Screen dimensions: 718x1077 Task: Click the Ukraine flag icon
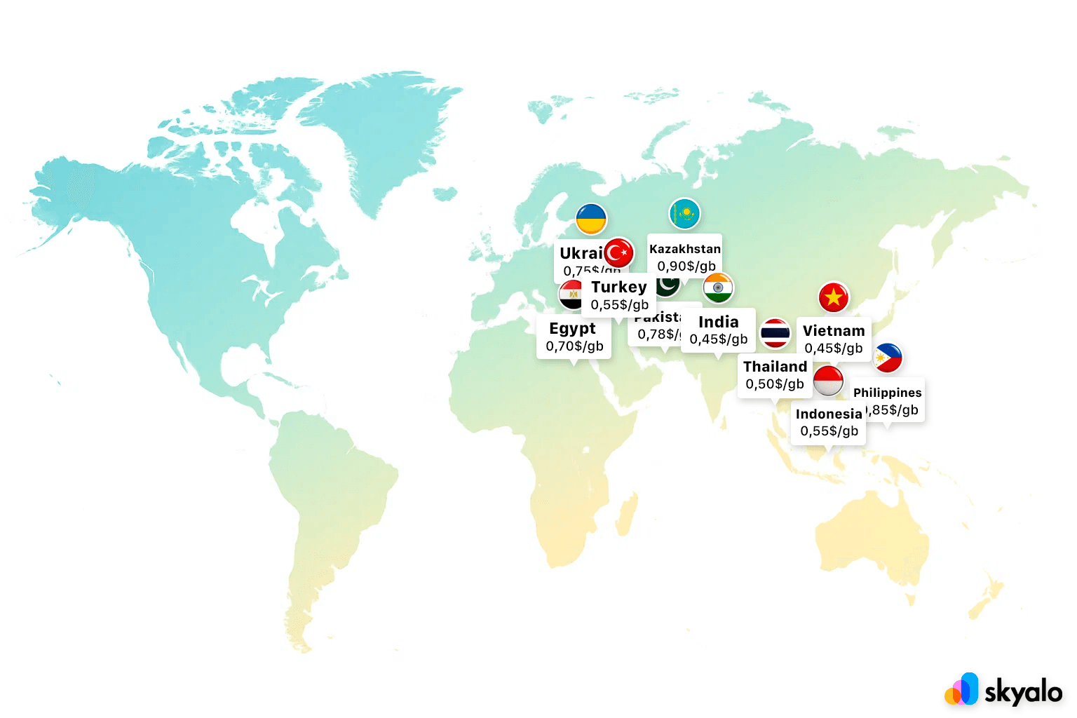pyautogui.click(x=591, y=219)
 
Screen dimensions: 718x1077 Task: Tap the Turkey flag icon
pyautogui.click(x=618, y=253)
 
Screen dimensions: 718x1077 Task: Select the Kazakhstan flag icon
pyautogui.click(x=684, y=213)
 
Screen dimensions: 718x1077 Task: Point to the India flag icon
pyautogui.click(x=718, y=287)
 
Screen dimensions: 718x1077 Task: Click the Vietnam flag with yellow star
pyautogui.click(x=833, y=297)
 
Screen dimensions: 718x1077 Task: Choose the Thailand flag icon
pyautogui.click(x=775, y=333)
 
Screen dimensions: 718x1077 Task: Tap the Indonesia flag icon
pyautogui.click(x=828, y=381)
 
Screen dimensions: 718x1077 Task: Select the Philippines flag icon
pyautogui.click(x=888, y=358)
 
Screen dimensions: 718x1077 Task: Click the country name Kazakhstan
pyautogui.click(x=685, y=249)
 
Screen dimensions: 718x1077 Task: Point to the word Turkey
pyautogui.click(x=618, y=287)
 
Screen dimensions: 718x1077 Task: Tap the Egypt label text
pyautogui.click(x=572, y=329)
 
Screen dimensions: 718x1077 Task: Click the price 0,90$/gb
pyautogui.click(x=686, y=266)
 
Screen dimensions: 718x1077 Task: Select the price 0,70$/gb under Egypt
pyautogui.click(x=574, y=346)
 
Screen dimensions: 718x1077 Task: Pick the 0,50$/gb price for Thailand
pyautogui.click(x=775, y=384)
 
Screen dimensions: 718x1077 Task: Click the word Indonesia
pyautogui.click(x=829, y=414)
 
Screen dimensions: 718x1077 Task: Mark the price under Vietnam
pyautogui.click(x=834, y=348)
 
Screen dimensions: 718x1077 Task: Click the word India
pyautogui.click(x=719, y=322)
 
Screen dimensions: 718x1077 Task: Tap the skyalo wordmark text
pyautogui.click(x=1023, y=692)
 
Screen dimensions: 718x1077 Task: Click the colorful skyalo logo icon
pyautogui.click(x=962, y=689)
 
